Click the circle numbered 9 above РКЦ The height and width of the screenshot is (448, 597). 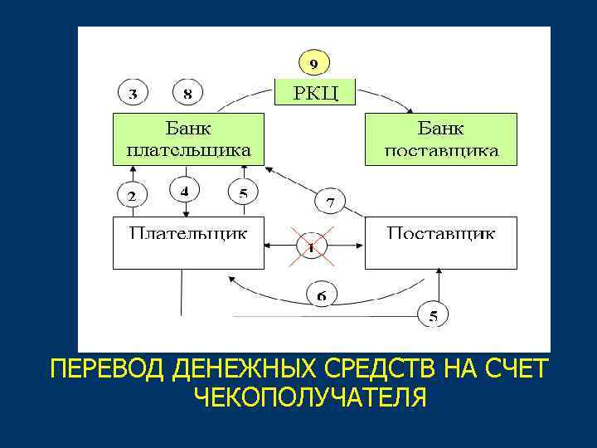[x=313, y=63]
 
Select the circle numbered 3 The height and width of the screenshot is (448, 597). [x=133, y=93]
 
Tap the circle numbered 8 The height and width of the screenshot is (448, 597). [x=188, y=93]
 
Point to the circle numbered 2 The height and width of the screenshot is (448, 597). [x=131, y=196]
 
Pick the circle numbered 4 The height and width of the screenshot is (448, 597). [x=184, y=192]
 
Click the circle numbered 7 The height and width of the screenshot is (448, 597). [x=330, y=202]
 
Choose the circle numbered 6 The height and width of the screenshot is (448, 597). [x=322, y=295]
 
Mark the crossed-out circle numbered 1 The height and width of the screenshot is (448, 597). [x=312, y=246]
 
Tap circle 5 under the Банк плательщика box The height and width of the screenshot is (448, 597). [x=243, y=193]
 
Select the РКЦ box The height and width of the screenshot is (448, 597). [x=314, y=91]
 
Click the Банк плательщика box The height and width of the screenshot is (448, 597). [x=188, y=139]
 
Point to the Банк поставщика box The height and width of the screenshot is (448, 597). [x=440, y=139]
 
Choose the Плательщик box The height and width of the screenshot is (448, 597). [x=188, y=242]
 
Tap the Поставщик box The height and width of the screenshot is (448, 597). [x=440, y=242]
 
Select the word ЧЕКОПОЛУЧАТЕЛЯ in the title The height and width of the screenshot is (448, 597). [x=310, y=397]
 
